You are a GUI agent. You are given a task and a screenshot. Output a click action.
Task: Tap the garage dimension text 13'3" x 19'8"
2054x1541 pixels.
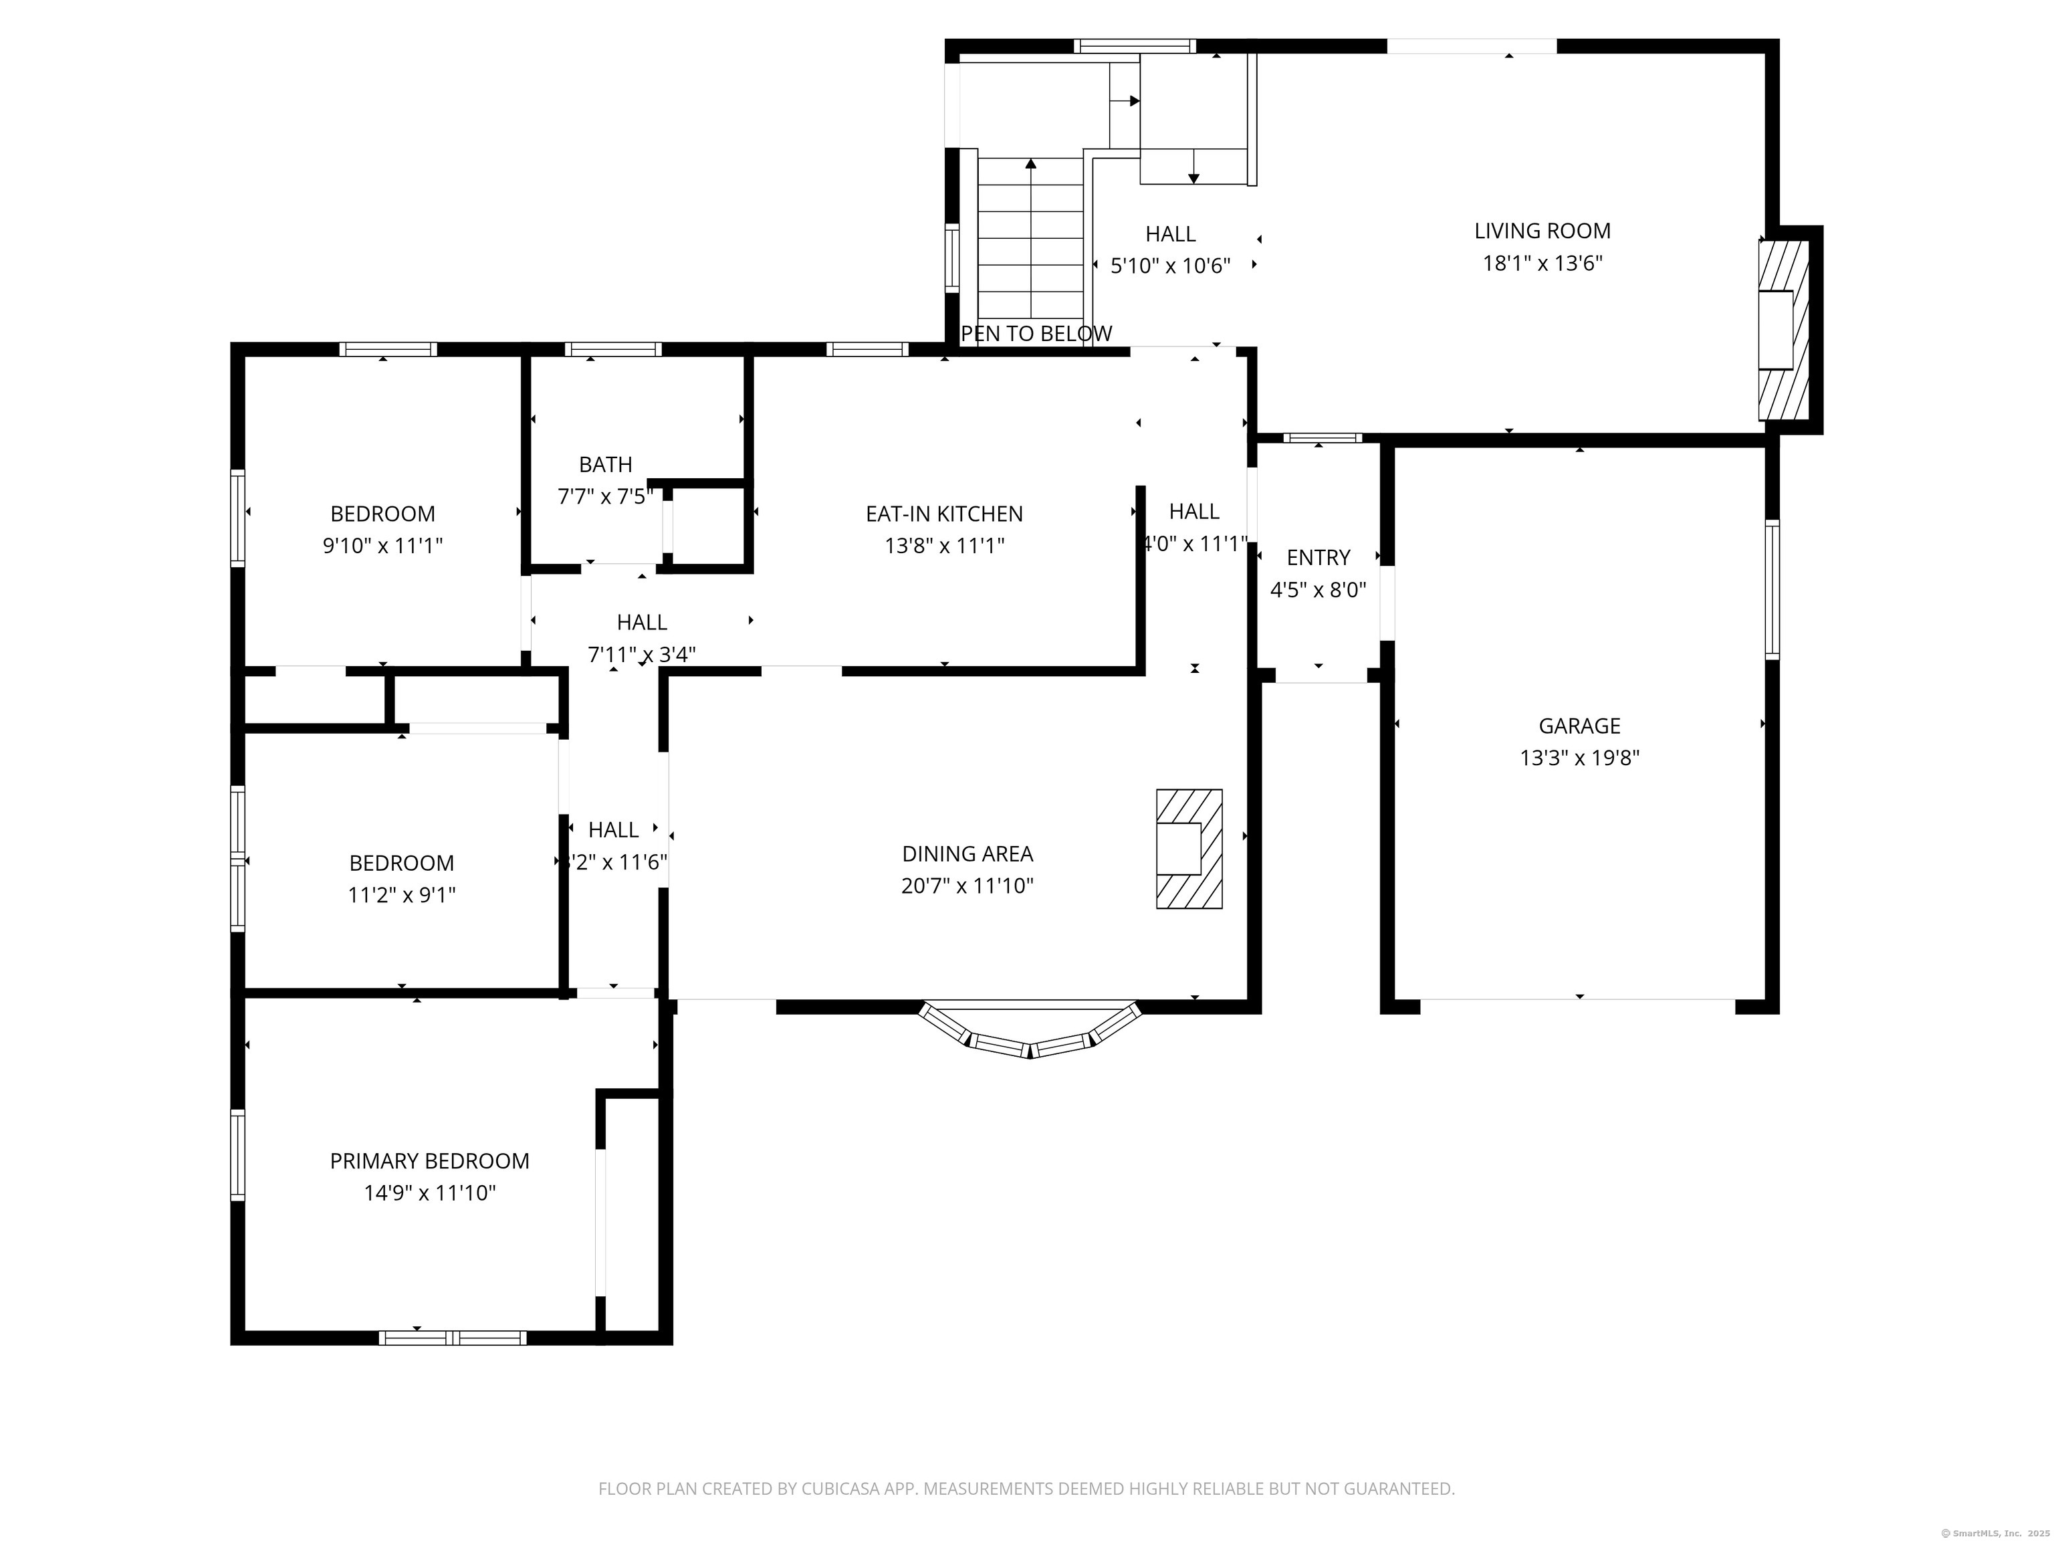pos(1579,758)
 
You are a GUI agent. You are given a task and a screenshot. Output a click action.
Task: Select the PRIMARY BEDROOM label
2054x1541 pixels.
pos(429,1161)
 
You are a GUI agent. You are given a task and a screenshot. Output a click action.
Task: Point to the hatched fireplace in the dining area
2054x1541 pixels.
pos(1189,848)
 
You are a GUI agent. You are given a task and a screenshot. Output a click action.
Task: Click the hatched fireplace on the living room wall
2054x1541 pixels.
pos(1784,330)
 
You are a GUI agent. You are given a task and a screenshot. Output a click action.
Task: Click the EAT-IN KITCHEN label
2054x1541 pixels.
pos(943,514)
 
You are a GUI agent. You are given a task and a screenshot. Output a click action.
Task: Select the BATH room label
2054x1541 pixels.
pos(605,464)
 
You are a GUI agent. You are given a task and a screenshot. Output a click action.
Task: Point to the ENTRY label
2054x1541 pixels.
pos(1318,557)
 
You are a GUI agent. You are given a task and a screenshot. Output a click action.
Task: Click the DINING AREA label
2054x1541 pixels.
pos(967,853)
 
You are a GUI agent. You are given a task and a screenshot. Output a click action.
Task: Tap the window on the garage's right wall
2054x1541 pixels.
pos(1772,590)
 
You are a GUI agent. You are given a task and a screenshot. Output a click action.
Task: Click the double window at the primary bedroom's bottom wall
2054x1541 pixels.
pos(452,1338)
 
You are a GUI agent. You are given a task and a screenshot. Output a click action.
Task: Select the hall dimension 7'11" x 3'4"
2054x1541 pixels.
pos(642,655)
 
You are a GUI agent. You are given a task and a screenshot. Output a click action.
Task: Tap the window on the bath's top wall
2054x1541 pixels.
pos(613,349)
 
